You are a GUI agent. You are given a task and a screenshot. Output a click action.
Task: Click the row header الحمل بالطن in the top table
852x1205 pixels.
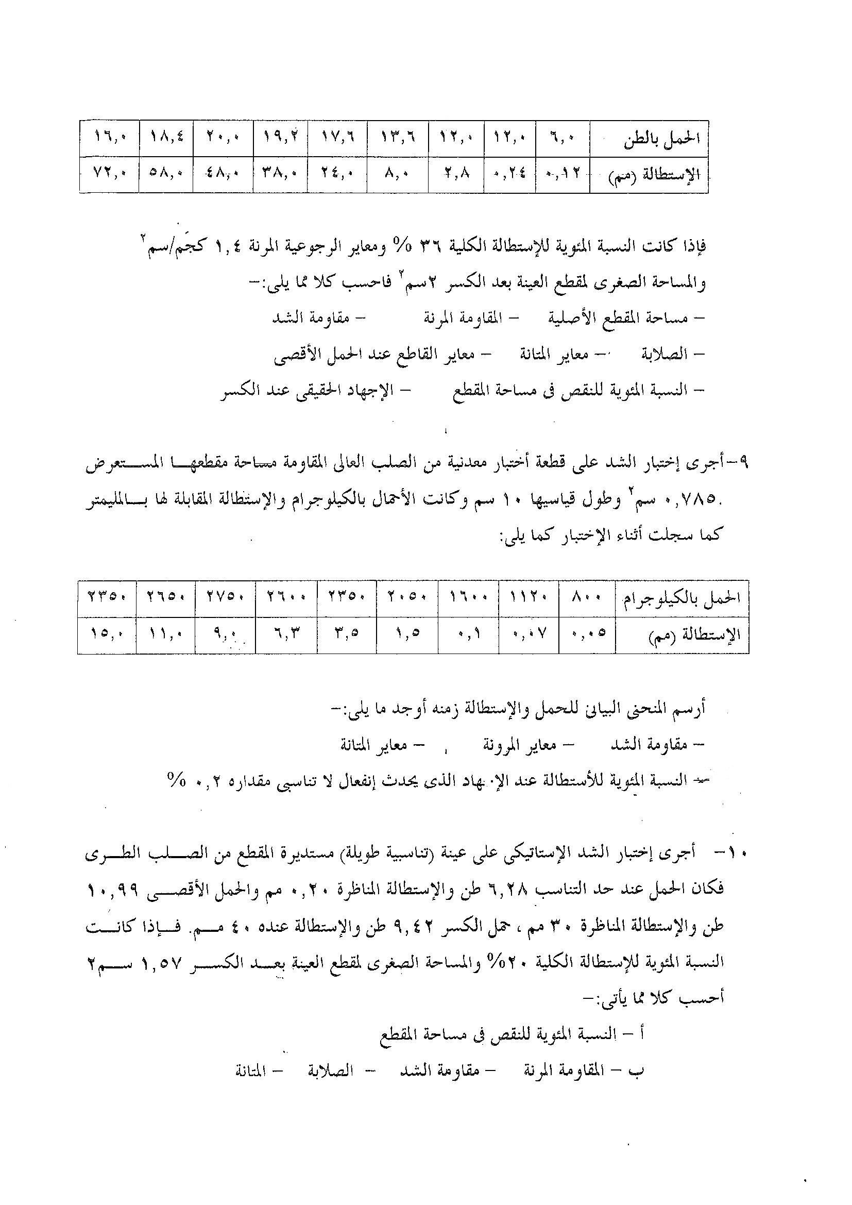point(662,139)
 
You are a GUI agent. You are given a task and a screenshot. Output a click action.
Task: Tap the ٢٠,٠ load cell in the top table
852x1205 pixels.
point(223,139)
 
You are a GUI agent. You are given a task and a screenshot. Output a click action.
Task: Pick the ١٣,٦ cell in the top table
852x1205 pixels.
point(398,139)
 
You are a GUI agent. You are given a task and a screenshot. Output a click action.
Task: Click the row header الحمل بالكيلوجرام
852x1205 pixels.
point(681,599)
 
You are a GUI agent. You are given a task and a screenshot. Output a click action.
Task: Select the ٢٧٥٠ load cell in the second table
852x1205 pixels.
point(225,598)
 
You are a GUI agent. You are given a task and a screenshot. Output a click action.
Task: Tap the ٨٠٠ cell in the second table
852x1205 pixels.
point(587,598)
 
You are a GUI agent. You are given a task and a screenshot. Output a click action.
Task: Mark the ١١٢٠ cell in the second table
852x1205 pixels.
point(529,598)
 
